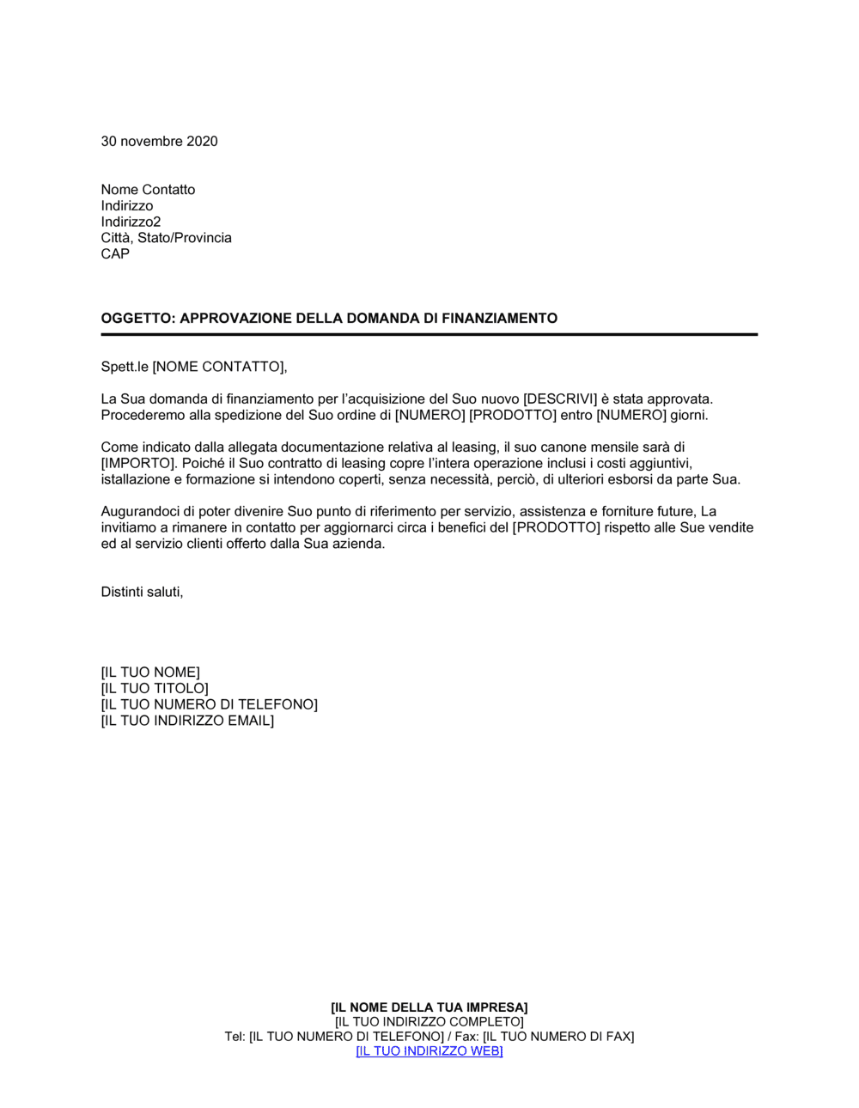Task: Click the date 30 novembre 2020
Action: (x=159, y=142)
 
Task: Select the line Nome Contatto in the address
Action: (x=148, y=190)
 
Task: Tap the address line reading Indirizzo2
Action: (x=131, y=222)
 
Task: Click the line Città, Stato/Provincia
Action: (x=166, y=238)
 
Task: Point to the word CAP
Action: (x=115, y=254)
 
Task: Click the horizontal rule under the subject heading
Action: (x=429, y=334)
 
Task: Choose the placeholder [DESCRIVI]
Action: (x=560, y=399)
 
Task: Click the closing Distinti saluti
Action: (x=142, y=593)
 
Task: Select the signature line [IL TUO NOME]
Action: (x=150, y=673)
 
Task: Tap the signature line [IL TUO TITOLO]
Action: (x=155, y=689)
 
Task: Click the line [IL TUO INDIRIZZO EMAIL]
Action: (x=187, y=721)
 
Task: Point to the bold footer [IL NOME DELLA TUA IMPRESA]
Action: (x=429, y=1008)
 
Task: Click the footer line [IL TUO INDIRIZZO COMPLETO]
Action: (x=429, y=1022)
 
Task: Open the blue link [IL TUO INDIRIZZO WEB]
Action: (x=429, y=1051)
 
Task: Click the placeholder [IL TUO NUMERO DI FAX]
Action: (x=558, y=1037)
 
